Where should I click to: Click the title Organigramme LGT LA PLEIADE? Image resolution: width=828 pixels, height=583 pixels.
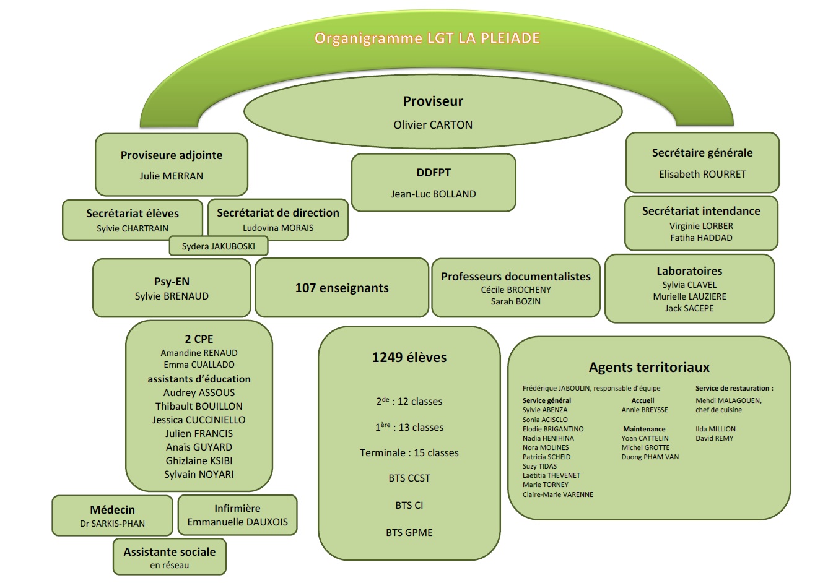click(427, 38)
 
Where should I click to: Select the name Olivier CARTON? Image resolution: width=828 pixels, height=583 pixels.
click(433, 125)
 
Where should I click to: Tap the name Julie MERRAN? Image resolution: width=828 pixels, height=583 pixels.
click(171, 176)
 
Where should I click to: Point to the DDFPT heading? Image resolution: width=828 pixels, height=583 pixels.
click(433, 173)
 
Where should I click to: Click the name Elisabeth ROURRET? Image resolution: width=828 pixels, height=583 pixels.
click(702, 174)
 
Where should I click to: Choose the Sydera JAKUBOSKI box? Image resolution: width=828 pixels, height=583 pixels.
click(219, 246)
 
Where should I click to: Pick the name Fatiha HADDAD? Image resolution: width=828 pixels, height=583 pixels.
click(701, 238)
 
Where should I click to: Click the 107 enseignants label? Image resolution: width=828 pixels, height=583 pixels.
click(342, 288)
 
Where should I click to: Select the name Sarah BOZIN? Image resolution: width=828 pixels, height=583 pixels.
click(515, 301)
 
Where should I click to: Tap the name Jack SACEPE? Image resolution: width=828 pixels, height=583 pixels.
click(689, 308)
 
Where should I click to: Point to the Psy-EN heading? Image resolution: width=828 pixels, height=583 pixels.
click(172, 282)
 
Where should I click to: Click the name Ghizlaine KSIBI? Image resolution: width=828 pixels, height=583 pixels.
click(199, 460)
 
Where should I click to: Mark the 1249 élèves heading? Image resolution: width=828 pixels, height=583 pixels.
click(409, 357)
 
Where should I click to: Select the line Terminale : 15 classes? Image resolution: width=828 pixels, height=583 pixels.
click(409, 453)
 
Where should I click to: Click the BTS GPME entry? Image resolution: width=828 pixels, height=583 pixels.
click(409, 532)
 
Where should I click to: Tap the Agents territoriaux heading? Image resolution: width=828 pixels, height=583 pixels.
click(649, 368)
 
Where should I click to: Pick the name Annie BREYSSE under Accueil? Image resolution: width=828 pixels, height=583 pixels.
click(645, 410)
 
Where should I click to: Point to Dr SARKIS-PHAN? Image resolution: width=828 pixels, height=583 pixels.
click(112, 524)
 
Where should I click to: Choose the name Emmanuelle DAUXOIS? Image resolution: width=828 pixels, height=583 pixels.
click(237, 522)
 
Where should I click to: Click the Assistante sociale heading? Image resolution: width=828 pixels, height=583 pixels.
click(170, 551)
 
